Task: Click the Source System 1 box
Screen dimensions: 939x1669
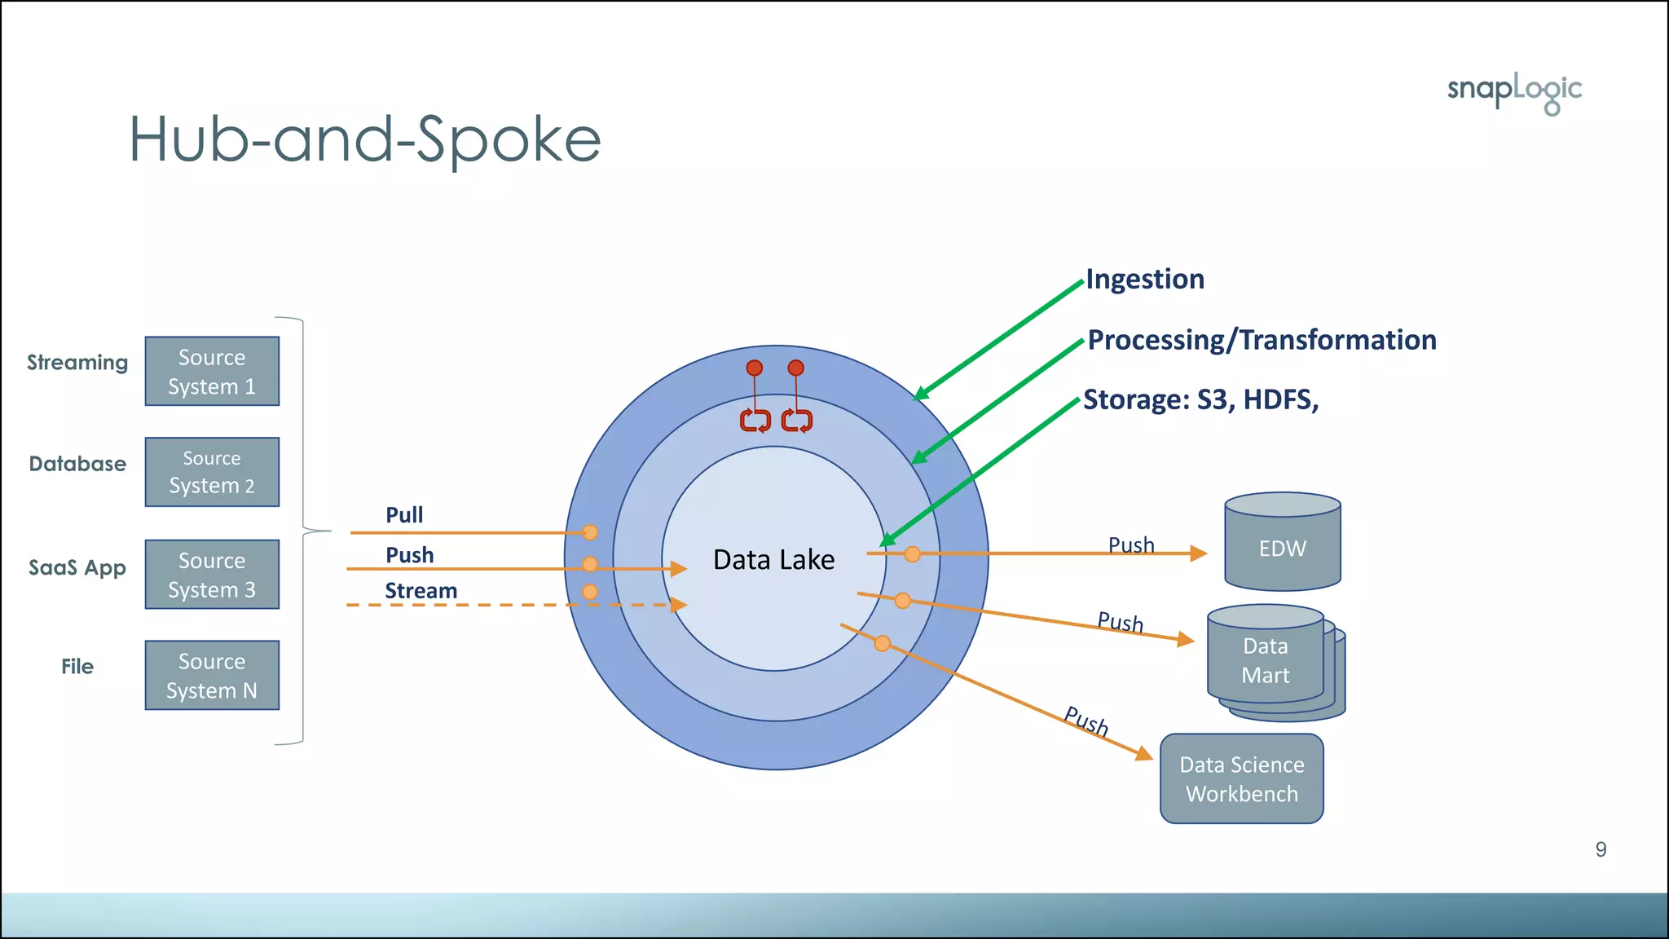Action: pos(212,372)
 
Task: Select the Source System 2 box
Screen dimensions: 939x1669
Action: pos(212,472)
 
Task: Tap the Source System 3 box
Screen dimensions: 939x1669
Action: pos(212,575)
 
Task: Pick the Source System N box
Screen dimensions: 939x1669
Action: pos(212,676)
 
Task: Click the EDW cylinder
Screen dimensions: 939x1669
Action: pos(1282,547)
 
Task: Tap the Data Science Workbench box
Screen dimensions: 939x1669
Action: pos(1241,779)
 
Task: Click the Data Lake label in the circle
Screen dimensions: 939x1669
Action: pos(773,560)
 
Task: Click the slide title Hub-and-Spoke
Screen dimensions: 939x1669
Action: pos(364,140)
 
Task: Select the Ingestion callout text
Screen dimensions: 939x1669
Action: pos(1145,280)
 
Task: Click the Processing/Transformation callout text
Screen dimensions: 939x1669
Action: pos(1262,340)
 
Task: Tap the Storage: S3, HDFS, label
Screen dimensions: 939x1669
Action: pos(1200,400)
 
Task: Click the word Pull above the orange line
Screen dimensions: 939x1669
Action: pos(404,515)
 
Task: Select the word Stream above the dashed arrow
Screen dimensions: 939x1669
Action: pos(421,591)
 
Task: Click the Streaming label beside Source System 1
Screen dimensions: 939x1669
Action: pos(77,363)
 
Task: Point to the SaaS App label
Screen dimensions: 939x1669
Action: pos(77,568)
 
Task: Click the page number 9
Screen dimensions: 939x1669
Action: pos(1601,850)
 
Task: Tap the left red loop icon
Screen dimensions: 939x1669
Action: pos(755,421)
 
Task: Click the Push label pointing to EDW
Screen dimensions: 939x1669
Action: pos(1131,544)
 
